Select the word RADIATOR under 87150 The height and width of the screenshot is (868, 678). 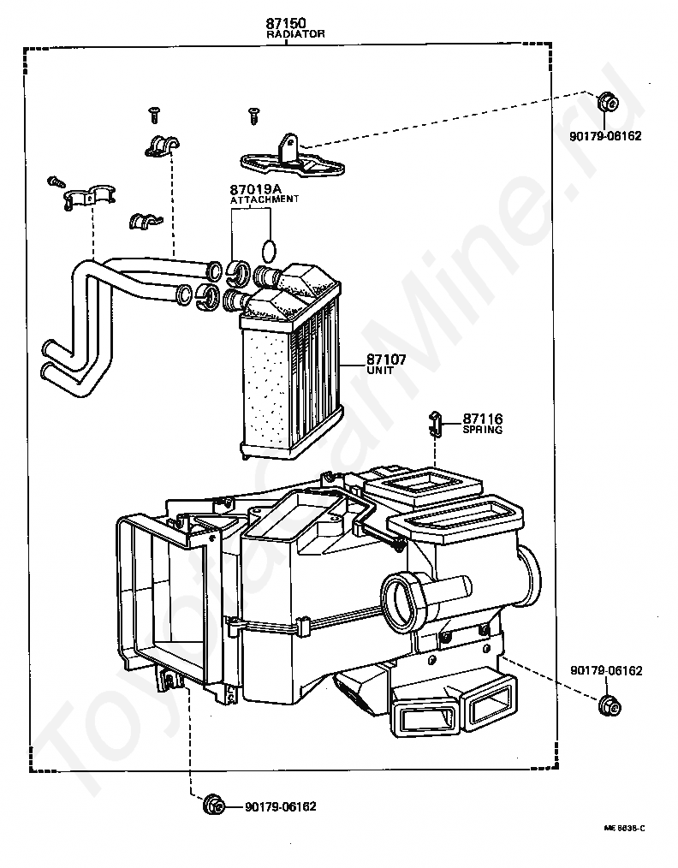click(x=295, y=34)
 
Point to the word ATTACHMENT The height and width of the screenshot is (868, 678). click(x=265, y=199)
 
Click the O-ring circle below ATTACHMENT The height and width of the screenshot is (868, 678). click(x=269, y=251)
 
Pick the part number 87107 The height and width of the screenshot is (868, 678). click(x=386, y=360)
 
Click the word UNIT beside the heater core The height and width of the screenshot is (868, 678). click(x=380, y=371)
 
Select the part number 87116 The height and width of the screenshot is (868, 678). click(x=483, y=419)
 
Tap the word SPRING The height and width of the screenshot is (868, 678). click(x=483, y=430)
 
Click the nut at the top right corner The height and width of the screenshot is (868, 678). click(x=607, y=103)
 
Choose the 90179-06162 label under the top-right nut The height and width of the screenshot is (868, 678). click(x=605, y=135)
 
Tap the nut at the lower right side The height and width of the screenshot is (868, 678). click(x=610, y=705)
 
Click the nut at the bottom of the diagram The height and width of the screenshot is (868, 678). click(x=214, y=806)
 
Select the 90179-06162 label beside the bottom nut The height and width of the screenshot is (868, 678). click(x=281, y=806)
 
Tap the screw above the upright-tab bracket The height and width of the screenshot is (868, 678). click(x=253, y=116)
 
